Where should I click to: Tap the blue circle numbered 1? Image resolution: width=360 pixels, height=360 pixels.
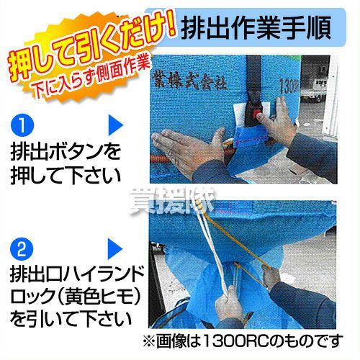click(x=22, y=125)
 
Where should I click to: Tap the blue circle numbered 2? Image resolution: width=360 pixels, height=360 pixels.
click(x=22, y=249)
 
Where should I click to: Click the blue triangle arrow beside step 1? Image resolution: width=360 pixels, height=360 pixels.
click(x=115, y=125)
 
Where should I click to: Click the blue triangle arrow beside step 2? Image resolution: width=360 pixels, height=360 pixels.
click(x=115, y=249)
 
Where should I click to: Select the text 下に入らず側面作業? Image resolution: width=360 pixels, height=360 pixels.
click(x=91, y=77)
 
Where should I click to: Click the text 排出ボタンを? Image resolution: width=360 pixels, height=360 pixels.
click(x=66, y=152)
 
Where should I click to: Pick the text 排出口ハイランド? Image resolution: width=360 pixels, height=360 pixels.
click(x=76, y=275)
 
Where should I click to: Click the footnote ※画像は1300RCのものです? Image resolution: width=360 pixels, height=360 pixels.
click(x=243, y=341)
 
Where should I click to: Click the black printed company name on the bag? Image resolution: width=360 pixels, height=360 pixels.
click(x=190, y=81)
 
